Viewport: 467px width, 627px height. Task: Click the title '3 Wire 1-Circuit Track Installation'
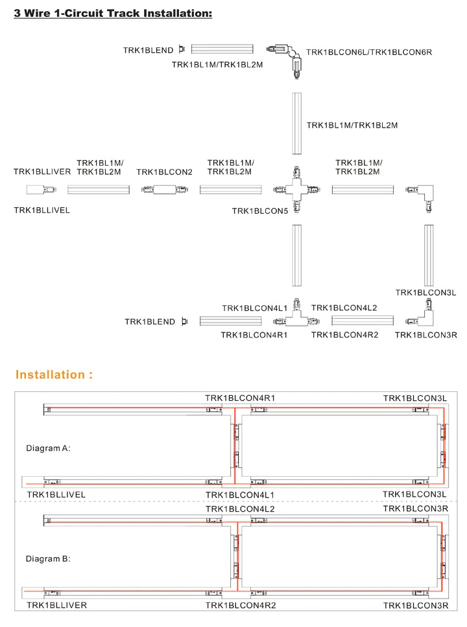coord(113,13)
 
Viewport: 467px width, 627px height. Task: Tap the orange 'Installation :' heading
coord(54,374)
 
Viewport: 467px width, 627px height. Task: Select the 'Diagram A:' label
coord(48,448)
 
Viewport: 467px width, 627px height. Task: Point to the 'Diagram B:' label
coord(48,558)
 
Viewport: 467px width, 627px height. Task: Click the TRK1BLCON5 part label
coord(259,211)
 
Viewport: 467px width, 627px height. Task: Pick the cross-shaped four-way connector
coord(296,190)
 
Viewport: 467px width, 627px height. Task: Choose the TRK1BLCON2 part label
coord(165,172)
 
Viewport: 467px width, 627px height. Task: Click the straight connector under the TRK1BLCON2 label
coord(165,190)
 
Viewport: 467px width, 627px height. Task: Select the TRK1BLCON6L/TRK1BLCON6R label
coord(369,52)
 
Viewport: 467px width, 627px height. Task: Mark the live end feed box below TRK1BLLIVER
coord(41,190)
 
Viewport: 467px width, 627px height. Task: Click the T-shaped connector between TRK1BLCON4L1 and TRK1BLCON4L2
coord(298,317)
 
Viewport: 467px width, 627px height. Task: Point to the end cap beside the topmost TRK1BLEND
coord(182,49)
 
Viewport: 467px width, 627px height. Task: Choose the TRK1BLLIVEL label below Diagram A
coord(56,495)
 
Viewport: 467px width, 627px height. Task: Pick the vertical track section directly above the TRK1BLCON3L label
coord(429,256)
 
